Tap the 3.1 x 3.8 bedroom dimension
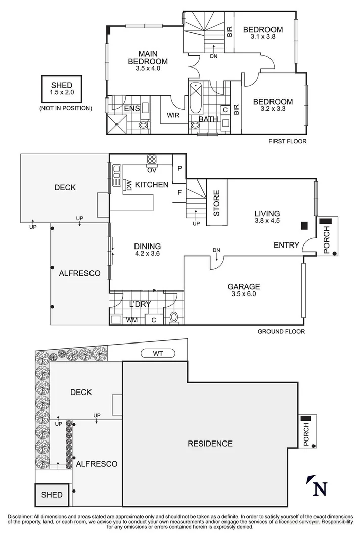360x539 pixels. [263, 37]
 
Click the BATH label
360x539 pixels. [208, 119]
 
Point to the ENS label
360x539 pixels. [118, 108]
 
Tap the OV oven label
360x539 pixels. [152, 169]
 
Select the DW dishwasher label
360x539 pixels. [128, 186]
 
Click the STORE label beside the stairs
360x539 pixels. [216, 203]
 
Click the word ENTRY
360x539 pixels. [286, 245]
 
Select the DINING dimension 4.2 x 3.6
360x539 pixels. [147, 254]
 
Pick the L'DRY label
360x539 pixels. [139, 304]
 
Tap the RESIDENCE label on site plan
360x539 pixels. [210, 444]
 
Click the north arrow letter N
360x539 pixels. [320, 488]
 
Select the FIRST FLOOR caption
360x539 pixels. [288, 142]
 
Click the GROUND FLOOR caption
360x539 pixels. [281, 332]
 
